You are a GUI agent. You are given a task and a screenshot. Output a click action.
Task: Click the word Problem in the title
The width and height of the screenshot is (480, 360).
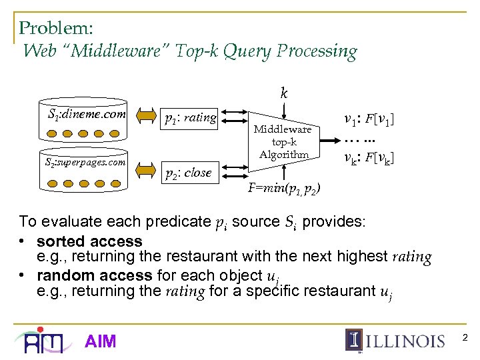[x=56, y=28]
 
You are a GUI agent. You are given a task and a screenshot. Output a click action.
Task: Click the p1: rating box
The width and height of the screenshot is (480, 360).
[x=191, y=118]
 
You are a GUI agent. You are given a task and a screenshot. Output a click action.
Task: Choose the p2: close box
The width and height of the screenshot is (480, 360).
[x=189, y=173]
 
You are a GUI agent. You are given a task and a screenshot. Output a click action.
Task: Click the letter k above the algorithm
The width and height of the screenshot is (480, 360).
[x=283, y=93]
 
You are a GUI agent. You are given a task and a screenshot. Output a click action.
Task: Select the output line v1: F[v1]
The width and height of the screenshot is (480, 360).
[x=369, y=120]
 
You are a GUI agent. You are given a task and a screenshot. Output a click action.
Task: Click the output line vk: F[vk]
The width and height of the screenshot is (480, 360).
[x=369, y=159]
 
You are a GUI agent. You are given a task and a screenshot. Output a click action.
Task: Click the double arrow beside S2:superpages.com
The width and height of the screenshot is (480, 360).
[x=147, y=171]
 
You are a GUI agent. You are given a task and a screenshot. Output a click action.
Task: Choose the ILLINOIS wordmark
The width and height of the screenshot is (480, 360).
[x=405, y=341]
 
